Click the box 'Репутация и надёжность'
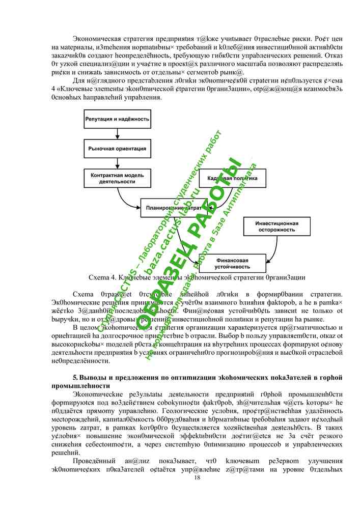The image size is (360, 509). tap(117, 119)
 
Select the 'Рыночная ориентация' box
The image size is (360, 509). tap(117, 149)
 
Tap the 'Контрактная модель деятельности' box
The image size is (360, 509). tap(117, 178)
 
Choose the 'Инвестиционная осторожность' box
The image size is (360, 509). tap(276, 226)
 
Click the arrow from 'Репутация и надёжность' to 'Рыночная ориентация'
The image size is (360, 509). tap(117, 134)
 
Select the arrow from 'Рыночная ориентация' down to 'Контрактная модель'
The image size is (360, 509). tap(117, 163)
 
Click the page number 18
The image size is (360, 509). tap(197, 477)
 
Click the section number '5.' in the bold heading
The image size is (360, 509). tap(75, 378)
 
